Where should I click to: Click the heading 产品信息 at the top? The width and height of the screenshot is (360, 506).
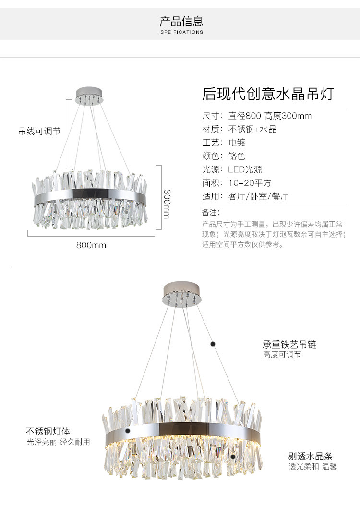(x=181, y=21)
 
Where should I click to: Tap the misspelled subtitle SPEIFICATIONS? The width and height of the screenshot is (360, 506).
(x=181, y=32)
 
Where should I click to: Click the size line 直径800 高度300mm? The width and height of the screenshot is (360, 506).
(x=270, y=116)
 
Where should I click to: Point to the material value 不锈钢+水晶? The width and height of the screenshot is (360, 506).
(x=252, y=129)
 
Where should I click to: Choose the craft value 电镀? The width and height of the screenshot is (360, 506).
(x=237, y=143)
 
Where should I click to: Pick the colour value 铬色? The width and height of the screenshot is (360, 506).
(x=237, y=156)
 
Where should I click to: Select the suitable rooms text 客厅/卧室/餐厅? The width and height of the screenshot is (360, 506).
(x=258, y=196)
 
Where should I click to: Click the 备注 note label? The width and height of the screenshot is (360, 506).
(x=211, y=212)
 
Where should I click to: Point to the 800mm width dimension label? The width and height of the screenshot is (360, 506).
(x=91, y=245)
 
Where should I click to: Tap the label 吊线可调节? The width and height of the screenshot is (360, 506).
(x=40, y=131)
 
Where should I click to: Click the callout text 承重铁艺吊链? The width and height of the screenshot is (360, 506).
(x=289, y=345)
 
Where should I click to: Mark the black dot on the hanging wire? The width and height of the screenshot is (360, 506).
(x=213, y=344)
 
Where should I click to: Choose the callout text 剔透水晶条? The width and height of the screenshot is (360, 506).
(x=310, y=456)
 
